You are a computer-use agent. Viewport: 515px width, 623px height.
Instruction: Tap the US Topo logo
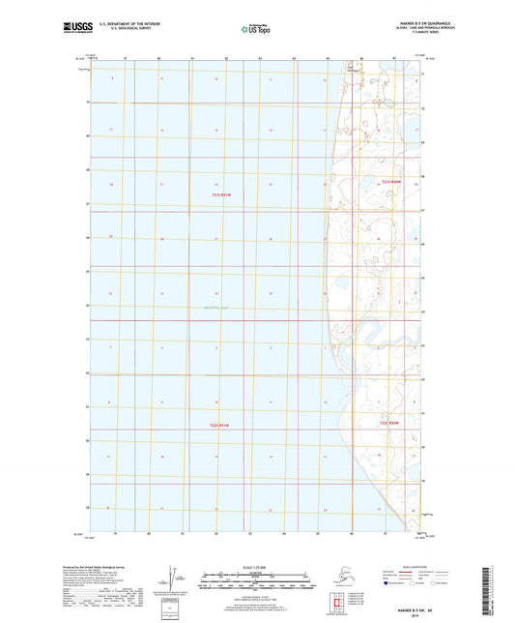[x=254, y=29]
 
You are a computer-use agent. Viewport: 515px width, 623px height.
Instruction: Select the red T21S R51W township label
[x=223, y=193]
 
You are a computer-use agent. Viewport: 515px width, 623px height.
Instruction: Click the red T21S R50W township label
[x=389, y=182]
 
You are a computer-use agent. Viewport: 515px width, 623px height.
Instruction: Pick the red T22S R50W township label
[x=389, y=421]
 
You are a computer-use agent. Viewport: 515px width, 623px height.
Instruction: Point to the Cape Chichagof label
[x=355, y=69]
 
